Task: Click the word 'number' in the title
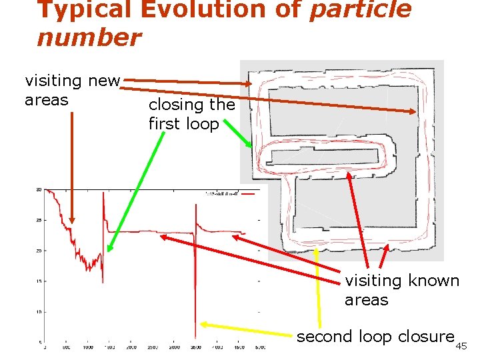click(89, 37)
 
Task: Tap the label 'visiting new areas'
click(72, 91)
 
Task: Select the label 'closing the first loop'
click(191, 114)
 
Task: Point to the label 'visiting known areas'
click(401, 290)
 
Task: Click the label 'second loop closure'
click(375, 337)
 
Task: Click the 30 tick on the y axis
click(39, 189)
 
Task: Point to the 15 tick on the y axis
click(39, 281)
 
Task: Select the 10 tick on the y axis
click(39, 312)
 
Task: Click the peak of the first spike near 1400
click(103, 193)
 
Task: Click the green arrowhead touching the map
click(251, 145)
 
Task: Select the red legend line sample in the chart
click(250, 193)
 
